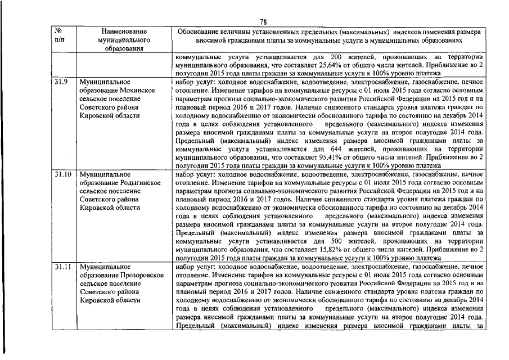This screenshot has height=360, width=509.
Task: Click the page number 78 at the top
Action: point(263,22)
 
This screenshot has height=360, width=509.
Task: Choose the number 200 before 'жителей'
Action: point(336,57)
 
